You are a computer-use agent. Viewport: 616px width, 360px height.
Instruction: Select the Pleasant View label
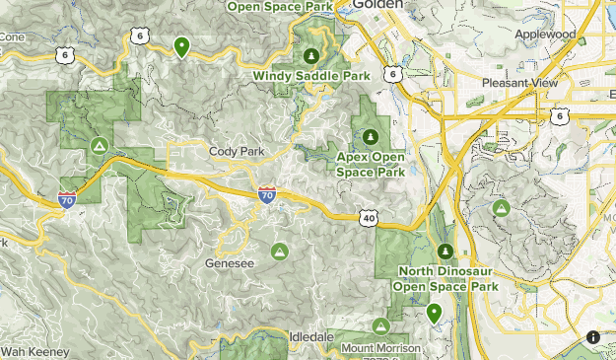(519, 83)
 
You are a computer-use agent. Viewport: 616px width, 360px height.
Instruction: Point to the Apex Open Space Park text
(371, 164)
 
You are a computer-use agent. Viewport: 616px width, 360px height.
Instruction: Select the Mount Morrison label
(380, 348)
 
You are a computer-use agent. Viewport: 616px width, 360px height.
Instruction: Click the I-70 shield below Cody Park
(267, 195)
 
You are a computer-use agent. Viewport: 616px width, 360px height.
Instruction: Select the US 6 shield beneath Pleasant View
(560, 116)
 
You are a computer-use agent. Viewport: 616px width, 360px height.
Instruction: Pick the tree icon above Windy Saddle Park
(312, 55)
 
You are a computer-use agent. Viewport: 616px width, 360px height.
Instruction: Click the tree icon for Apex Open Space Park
(371, 136)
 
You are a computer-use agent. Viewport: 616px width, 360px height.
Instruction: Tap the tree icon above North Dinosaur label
(445, 252)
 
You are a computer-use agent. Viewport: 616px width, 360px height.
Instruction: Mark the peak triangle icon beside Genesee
(280, 252)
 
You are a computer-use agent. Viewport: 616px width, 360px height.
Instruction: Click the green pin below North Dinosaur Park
(434, 314)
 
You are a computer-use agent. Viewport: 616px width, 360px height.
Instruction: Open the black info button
(593, 337)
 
